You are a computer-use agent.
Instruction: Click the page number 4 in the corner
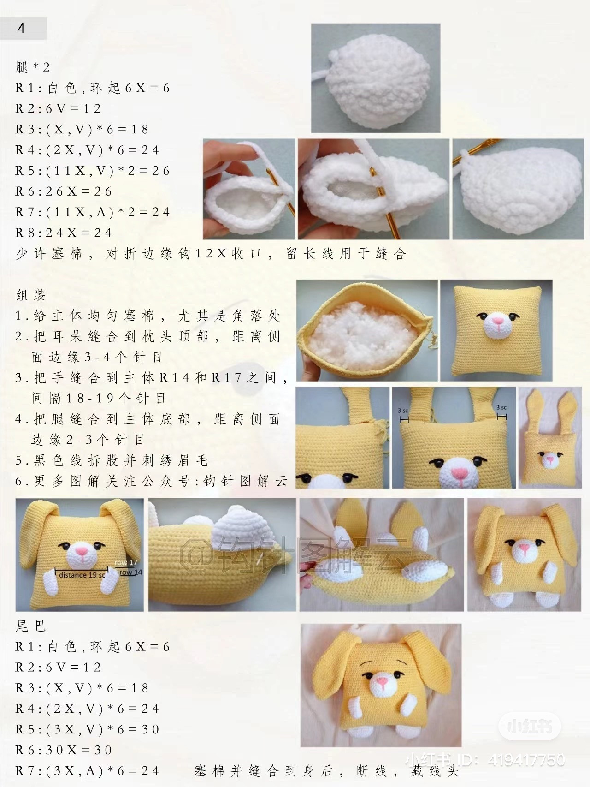point(22,28)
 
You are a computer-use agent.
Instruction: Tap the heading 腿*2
point(33,67)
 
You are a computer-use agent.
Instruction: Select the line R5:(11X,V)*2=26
point(93,171)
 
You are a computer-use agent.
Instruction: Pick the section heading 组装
point(31,295)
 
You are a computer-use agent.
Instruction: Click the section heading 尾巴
point(31,626)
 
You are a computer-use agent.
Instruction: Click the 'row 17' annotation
point(126,562)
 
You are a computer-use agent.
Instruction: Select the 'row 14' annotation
point(131,572)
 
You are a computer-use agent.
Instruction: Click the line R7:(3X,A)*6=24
point(88,771)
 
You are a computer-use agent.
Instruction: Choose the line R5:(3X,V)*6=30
point(88,729)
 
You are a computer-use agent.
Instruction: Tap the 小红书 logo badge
point(530,727)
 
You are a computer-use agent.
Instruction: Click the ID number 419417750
point(526,760)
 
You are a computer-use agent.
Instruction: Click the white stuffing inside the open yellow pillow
point(360,337)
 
